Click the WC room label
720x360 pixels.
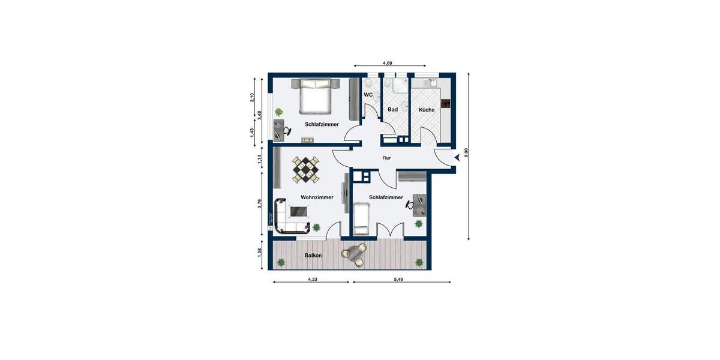368,95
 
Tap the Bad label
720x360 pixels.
393,109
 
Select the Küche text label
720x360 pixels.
427,110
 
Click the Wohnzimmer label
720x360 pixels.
317,197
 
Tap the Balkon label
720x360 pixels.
313,256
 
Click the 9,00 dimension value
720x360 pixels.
466,153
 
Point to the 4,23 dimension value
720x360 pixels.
313,280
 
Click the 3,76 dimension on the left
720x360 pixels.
260,203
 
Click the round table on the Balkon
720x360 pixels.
353,253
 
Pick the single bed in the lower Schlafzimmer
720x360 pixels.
360,218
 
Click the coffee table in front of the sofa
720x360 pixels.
299,211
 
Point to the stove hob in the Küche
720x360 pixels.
445,104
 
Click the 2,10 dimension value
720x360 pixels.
253,98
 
